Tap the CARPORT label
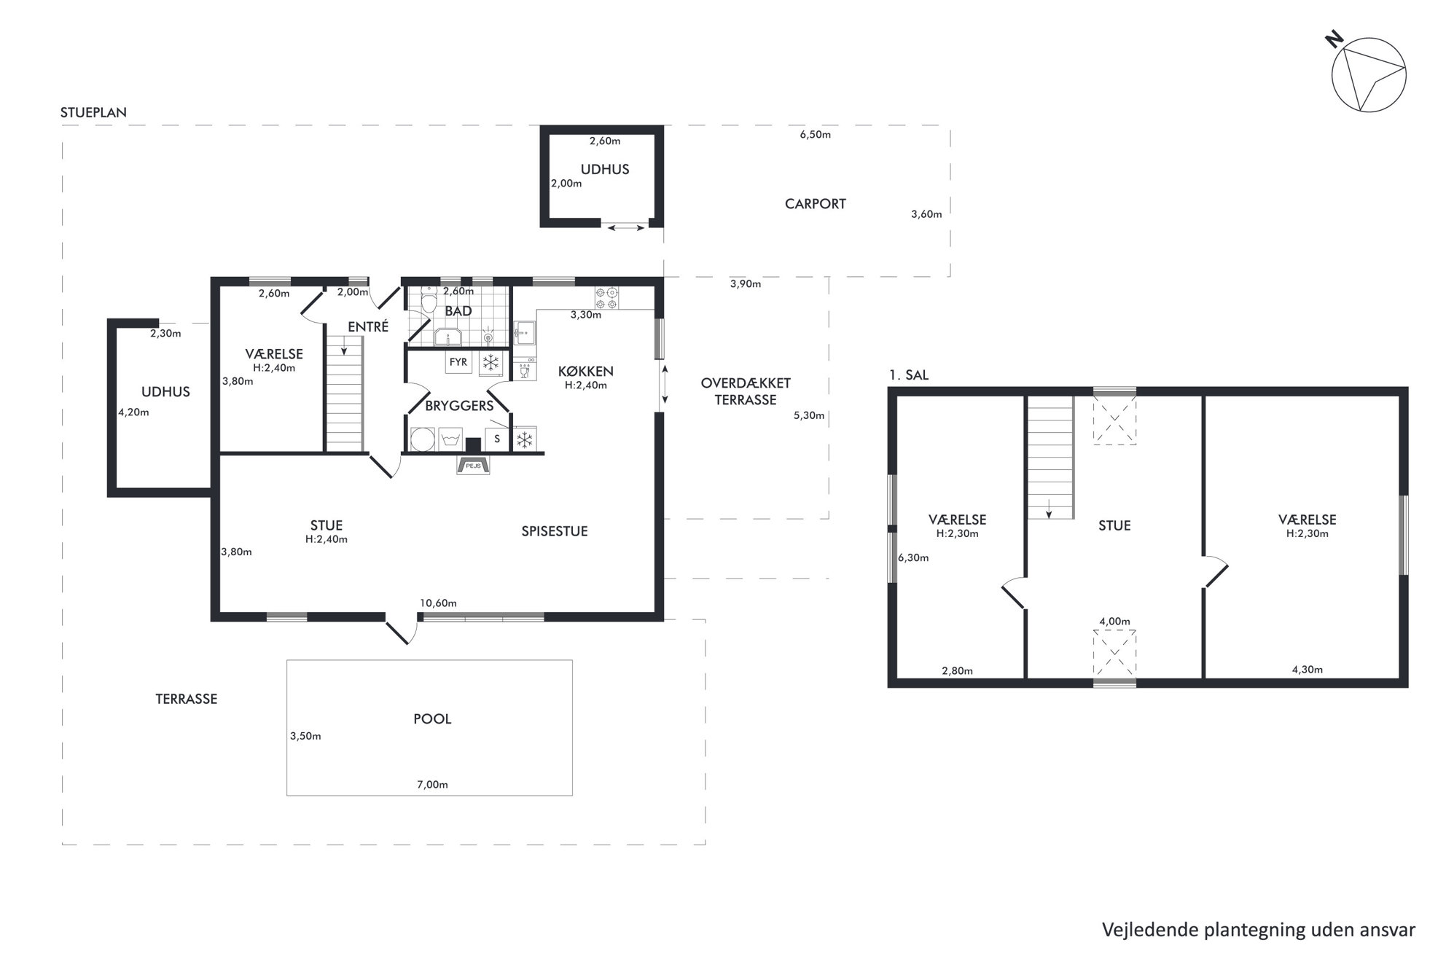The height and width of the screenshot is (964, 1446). tap(815, 204)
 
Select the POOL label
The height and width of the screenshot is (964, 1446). tap(432, 719)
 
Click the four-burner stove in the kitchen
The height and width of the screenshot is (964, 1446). tap(606, 297)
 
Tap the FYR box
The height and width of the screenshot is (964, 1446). tap(458, 362)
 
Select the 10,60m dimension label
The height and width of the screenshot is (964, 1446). tap(438, 603)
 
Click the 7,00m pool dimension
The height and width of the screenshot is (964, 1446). tap(432, 785)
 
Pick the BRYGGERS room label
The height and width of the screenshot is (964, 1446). tap(459, 406)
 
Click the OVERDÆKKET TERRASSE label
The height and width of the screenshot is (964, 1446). tap(746, 391)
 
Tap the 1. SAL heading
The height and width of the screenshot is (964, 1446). tap(909, 375)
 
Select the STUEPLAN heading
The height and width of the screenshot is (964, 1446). tap(93, 113)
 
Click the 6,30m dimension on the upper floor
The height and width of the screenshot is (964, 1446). tap(913, 558)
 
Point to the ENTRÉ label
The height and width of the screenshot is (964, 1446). tap(368, 327)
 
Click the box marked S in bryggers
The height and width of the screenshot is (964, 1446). tap(497, 439)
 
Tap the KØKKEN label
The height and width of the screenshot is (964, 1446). tap(586, 372)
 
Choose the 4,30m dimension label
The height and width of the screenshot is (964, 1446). tap(1308, 670)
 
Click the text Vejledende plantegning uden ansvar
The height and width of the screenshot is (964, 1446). tap(1259, 930)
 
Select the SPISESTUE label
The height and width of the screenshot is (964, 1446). tap(555, 532)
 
